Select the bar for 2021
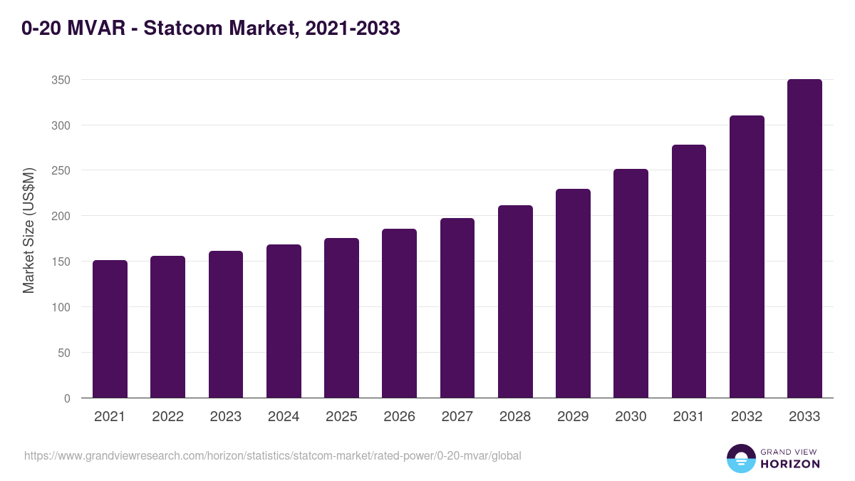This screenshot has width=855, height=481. point(110,329)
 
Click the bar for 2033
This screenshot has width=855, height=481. point(804,239)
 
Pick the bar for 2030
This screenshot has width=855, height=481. point(631,284)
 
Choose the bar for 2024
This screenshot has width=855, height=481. point(284,321)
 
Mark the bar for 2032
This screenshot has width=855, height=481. point(747,257)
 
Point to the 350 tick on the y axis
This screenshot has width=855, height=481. point(61,80)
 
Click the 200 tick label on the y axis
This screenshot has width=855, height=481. point(61,216)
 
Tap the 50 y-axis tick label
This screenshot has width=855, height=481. point(64,353)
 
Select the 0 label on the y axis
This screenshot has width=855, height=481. point(67,398)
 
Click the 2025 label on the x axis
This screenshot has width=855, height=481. point(341,417)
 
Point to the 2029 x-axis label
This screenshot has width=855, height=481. point(573,417)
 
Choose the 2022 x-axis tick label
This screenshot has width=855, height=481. point(167,417)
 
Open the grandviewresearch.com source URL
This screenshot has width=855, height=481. point(272,455)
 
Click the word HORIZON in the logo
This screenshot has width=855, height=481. point(790,464)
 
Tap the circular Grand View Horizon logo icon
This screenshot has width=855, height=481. point(740,458)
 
